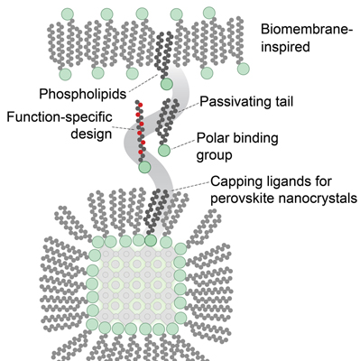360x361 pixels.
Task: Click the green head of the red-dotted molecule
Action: (x=143, y=166)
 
